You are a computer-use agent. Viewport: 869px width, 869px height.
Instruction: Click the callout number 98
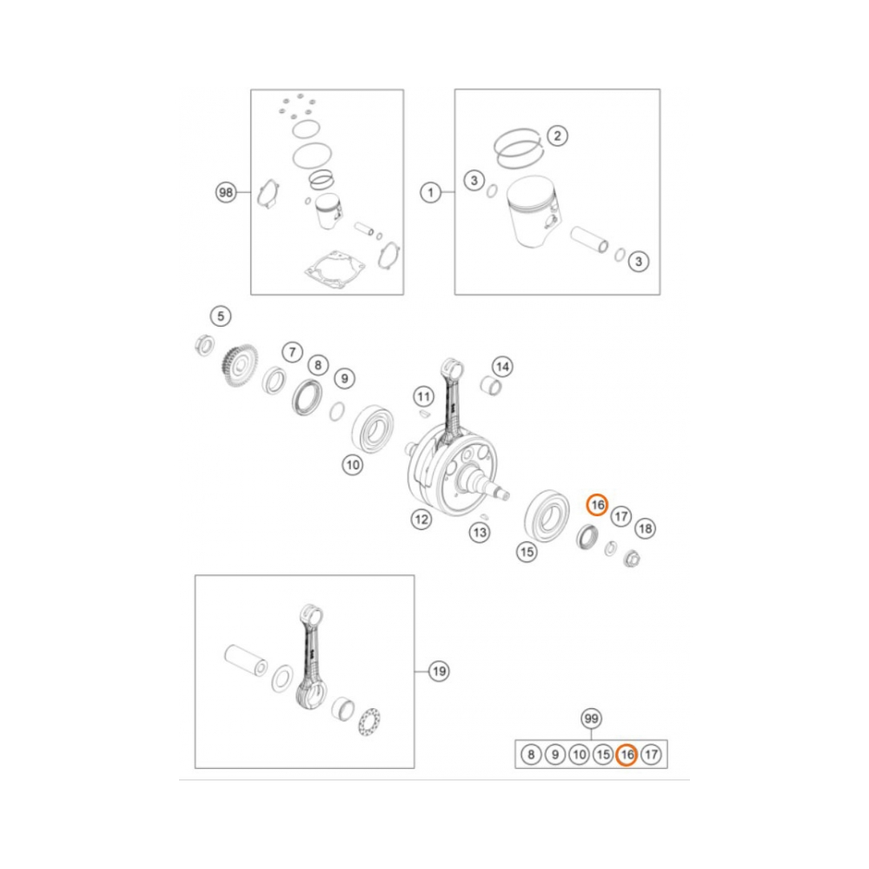point(226,193)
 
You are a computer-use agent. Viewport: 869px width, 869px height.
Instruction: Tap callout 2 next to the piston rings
point(557,136)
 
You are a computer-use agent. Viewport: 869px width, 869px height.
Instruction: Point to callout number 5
point(221,315)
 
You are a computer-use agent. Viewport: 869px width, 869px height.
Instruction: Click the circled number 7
point(292,352)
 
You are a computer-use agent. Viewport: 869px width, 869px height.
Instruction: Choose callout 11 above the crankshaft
point(423,397)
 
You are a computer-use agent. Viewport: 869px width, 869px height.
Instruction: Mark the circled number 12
point(421,520)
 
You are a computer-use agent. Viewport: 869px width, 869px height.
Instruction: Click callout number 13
point(481,532)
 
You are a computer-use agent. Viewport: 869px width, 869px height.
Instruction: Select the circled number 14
point(503,365)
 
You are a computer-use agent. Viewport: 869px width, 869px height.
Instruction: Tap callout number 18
point(645,528)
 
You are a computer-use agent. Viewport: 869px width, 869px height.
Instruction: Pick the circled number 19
point(440,671)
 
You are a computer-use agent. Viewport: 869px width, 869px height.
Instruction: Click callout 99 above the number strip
point(591,719)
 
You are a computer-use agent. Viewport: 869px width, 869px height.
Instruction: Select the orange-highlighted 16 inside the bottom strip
point(627,755)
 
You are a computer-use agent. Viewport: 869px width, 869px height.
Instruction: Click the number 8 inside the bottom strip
point(530,755)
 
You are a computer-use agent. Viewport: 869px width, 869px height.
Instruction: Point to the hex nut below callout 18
point(632,558)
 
